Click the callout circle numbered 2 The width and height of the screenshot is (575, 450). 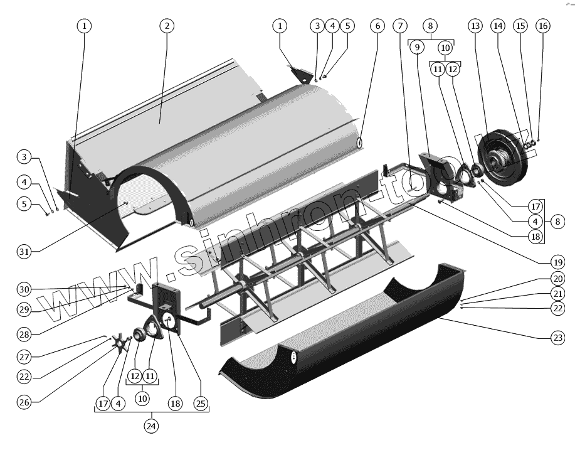pyautogui.click(x=166, y=26)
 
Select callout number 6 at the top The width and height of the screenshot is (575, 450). pyautogui.click(x=376, y=26)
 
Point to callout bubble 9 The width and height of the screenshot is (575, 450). pyautogui.click(x=416, y=47)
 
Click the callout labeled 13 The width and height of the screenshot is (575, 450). pyautogui.click(x=475, y=26)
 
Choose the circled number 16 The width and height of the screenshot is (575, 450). pyautogui.click(x=542, y=26)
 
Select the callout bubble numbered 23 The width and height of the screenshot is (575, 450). pyautogui.click(x=557, y=337)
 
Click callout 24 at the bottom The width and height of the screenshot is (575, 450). pyautogui.click(x=150, y=426)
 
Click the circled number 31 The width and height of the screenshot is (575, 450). pyautogui.click(x=26, y=251)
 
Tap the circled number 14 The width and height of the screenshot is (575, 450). pyautogui.click(x=498, y=26)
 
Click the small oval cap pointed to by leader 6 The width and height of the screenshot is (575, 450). pyautogui.click(x=360, y=142)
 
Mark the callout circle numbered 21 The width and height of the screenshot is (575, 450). pyautogui.click(x=556, y=294)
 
